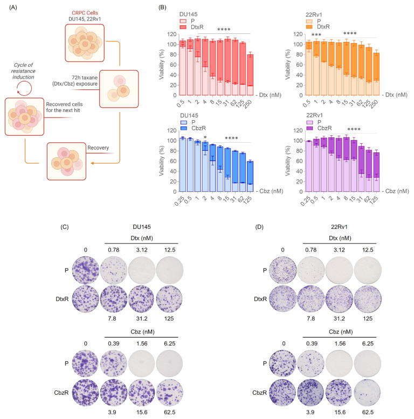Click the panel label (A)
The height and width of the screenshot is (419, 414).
(13, 8)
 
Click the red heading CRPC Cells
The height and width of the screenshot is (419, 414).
(85, 13)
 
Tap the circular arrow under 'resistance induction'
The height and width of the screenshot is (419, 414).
(24, 88)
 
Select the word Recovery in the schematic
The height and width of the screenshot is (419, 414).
(98, 148)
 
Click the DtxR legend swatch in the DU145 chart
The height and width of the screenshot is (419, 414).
(183, 27)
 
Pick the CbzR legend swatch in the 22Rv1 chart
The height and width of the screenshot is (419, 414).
(309, 128)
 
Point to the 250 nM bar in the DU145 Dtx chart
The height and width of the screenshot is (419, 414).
(250, 74)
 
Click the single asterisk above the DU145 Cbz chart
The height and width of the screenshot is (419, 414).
(205, 138)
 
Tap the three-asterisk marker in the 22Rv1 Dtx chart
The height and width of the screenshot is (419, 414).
(316, 35)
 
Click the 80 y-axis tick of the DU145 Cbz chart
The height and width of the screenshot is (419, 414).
(174, 151)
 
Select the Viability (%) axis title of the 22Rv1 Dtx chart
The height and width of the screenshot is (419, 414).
(287, 65)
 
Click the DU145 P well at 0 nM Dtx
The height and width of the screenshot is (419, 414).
(86, 270)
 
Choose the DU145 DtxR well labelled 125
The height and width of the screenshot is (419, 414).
(169, 299)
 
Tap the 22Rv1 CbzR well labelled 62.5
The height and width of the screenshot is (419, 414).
(367, 392)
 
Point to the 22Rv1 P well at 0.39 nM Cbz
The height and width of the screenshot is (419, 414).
(310, 364)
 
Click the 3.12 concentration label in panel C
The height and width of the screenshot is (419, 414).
(142, 250)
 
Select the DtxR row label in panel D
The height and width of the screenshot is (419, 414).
(260, 299)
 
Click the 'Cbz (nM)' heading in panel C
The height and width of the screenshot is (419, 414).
(142, 332)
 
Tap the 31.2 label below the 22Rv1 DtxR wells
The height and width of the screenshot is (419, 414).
(339, 318)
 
